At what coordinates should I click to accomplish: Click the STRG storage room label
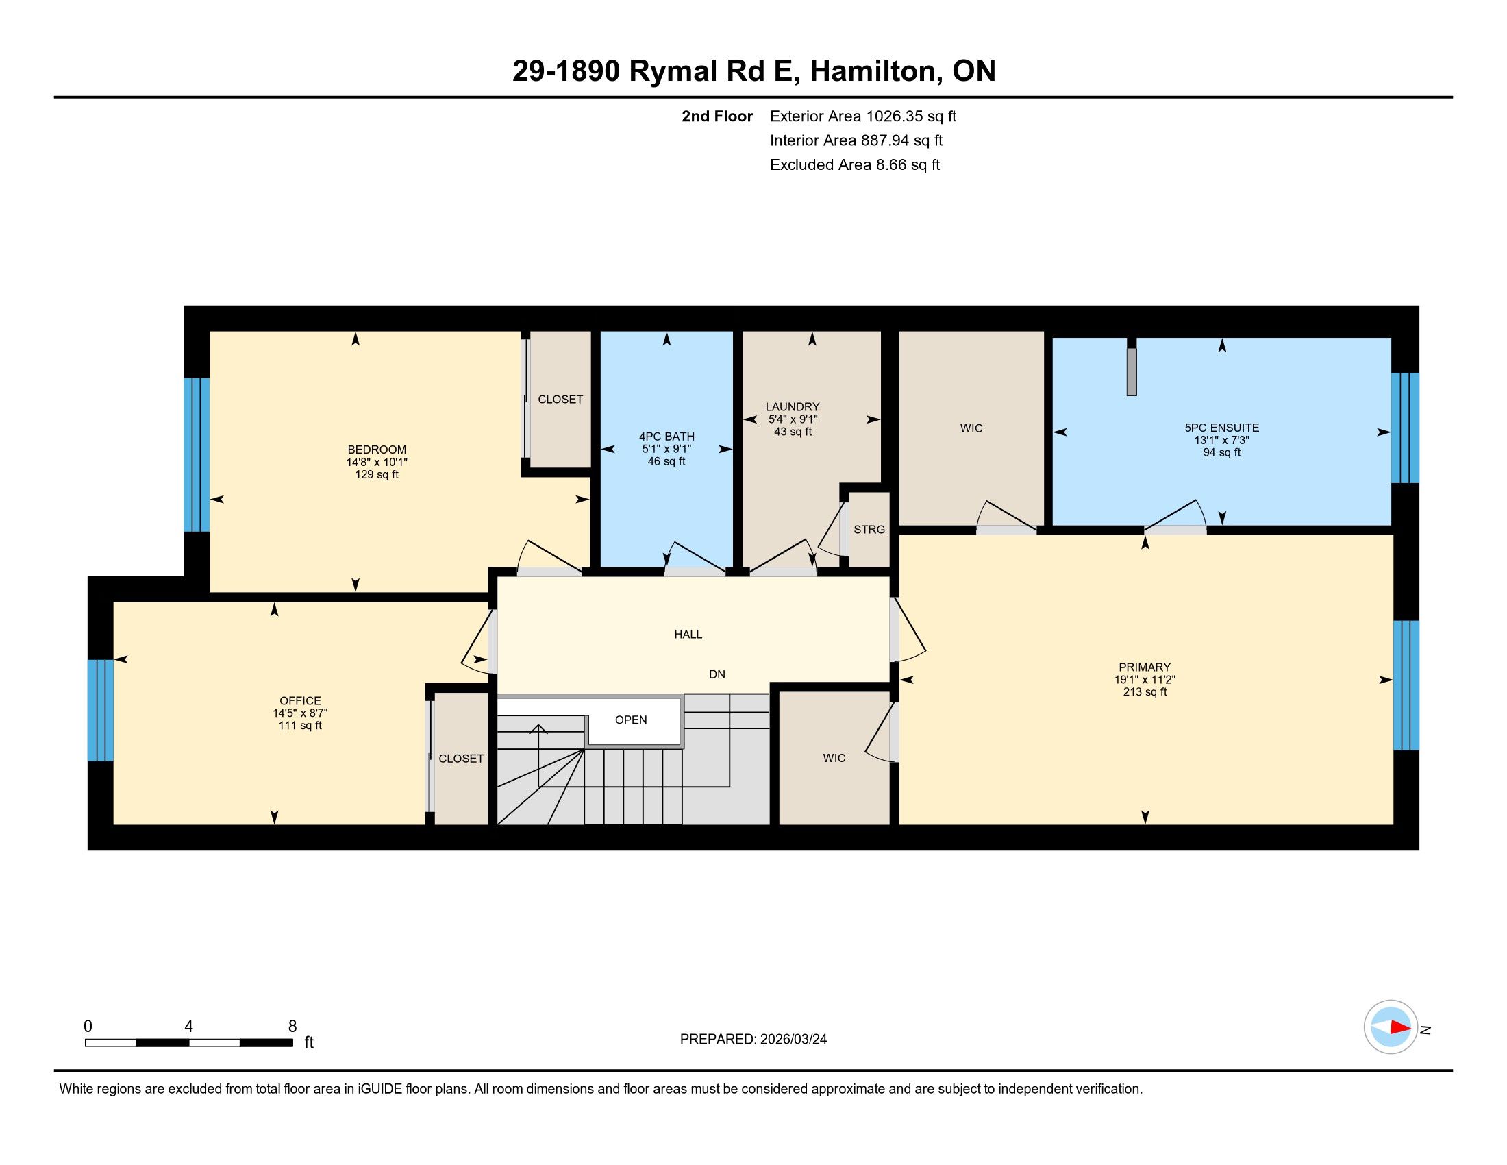pyautogui.click(x=869, y=529)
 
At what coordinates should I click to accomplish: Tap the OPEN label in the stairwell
pyautogui.click(x=631, y=720)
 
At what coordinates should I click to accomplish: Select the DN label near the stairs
pyautogui.click(x=717, y=674)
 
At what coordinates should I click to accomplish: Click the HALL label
pyautogui.click(x=688, y=635)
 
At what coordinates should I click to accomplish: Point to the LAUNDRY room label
pyautogui.click(x=792, y=406)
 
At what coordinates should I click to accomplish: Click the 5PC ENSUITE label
pyautogui.click(x=1221, y=428)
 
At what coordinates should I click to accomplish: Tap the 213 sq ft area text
pyautogui.click(x=1145, y=691)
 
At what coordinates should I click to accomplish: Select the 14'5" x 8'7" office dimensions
pyautogui.click(x=300, y=713)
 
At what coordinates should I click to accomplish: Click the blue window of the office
pyautogui.click(x=100, y=710)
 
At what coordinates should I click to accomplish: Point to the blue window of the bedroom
pyautogui.click(x=196, y=455)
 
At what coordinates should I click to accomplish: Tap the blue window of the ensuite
pyautogui.click(x=1405, y=428)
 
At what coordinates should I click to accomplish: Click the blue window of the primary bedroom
pyautogui.click(x=1406, y=685)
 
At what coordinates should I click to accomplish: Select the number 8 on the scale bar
pyautogui.click(x=292, y=1027)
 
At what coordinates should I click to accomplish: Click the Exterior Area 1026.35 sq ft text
pyautogui.click(x=863, y=116)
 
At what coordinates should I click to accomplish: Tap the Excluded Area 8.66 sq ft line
pyautogui.click(x=855, y=164)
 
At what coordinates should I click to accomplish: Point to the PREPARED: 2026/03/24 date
pyautogui.click(x=754, y=1040)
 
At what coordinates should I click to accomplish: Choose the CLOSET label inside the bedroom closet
pyautogui.click(x=560, y=400)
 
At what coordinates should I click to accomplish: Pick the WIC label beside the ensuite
pyautogui.click(x=971, y=428)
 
